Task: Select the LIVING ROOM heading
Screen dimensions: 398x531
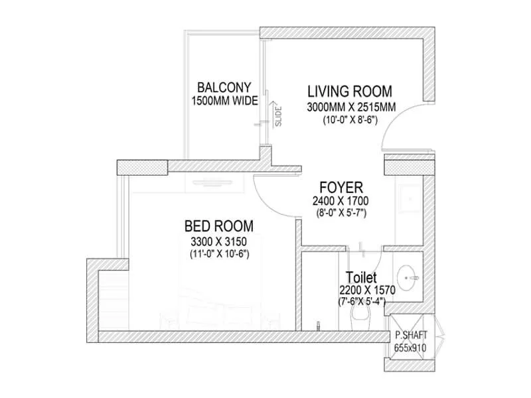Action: pos(349,92)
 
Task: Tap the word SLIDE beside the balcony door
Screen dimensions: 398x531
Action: pos(279,117)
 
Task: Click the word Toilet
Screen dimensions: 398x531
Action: pos(362,277)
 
